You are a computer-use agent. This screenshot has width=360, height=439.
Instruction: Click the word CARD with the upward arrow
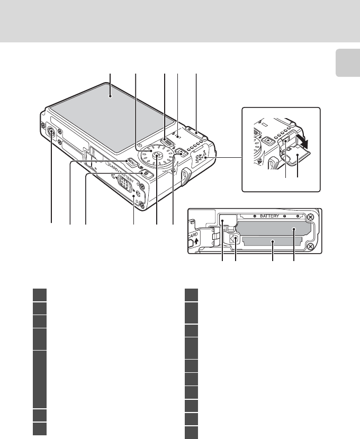coord(192,238)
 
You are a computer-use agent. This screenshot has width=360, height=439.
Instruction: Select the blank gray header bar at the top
coord(180,21)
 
